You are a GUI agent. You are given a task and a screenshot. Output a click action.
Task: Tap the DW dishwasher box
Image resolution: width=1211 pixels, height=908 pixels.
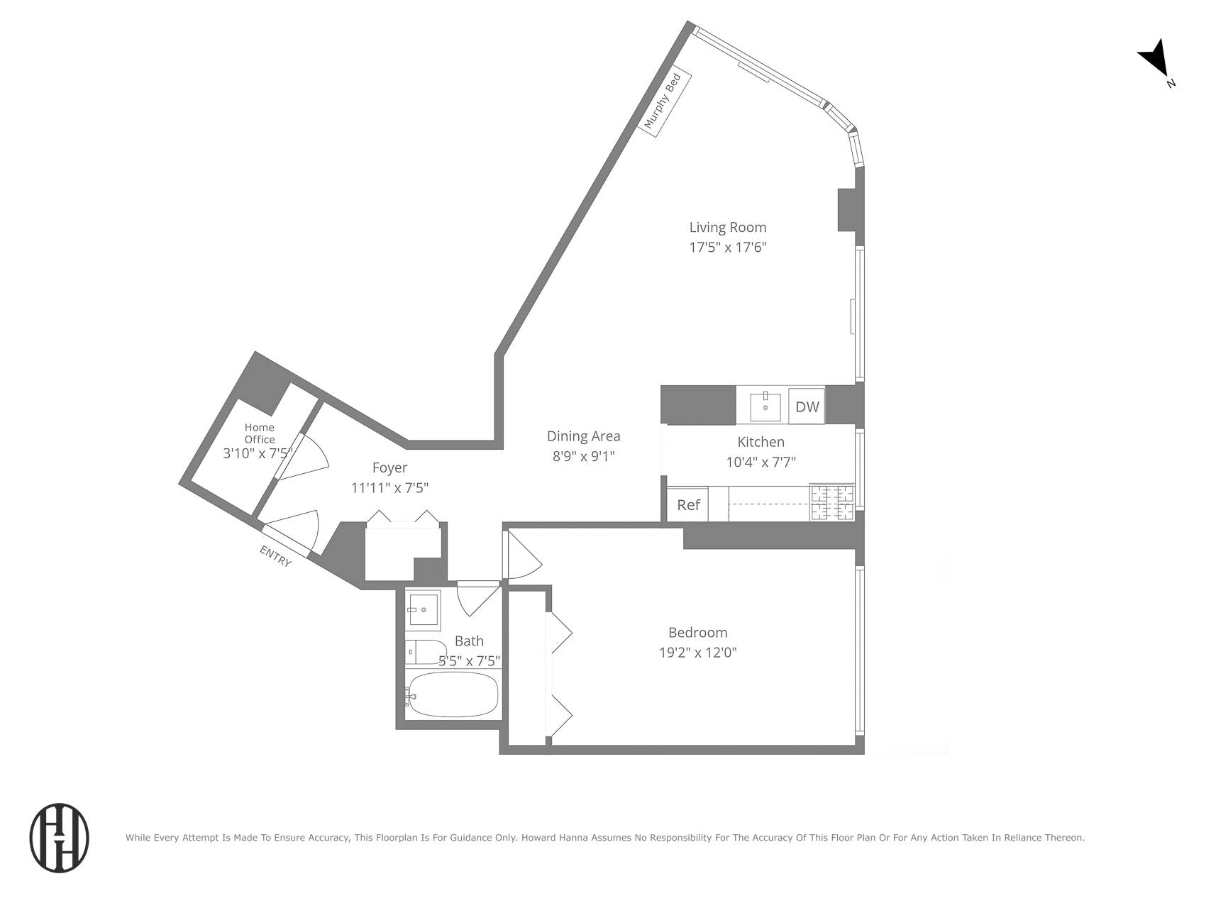tap(807, 406)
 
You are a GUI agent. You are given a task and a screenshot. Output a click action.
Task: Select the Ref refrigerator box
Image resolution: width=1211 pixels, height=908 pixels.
tap(688, 504)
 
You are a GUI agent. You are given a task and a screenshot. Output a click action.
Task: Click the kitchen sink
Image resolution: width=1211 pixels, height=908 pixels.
tap(765, 406)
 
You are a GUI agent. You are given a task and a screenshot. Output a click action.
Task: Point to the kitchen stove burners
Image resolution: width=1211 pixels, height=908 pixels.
tap(832, 503)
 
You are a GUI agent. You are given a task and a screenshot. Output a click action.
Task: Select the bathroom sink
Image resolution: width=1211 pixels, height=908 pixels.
tap(424, 609)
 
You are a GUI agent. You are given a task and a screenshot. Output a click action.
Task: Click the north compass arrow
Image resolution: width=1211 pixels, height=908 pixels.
tap(1154, 58)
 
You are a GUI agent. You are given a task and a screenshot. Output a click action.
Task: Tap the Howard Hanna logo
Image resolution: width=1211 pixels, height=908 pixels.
tap(59, 838)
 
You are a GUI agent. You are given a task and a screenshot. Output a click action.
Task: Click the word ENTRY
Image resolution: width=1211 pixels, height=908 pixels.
tap(275, 555)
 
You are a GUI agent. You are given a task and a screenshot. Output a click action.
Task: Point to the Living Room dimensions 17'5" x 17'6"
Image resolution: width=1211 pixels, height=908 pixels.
tap(728, 248)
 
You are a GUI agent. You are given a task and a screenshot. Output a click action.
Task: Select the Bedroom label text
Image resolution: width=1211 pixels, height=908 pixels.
tap(698, 632)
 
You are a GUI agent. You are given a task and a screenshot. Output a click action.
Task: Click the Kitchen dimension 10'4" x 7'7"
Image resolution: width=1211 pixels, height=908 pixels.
tap(761, 462)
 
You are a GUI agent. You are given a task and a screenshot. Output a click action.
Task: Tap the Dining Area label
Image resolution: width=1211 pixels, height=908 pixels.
tap(583, 436)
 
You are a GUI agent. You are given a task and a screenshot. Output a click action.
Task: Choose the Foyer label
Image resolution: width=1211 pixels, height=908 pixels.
tap(389, 467)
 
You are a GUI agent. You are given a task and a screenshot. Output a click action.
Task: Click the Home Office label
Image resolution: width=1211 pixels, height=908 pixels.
tap(260, 433)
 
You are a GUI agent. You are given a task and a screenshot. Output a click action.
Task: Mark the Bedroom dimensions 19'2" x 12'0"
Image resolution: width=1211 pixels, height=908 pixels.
tap(698, 652)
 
